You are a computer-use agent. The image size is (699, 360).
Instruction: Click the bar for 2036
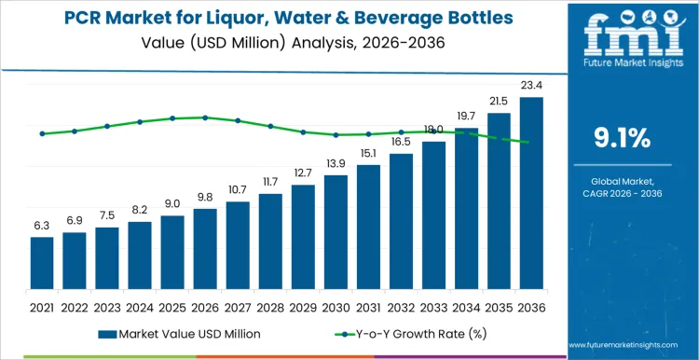tap(531, 194)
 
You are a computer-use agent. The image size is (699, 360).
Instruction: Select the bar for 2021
tap(42, 264)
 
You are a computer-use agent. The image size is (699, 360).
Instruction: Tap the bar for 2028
tap(270, 242)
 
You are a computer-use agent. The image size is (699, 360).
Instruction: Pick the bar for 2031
tap(368, 228)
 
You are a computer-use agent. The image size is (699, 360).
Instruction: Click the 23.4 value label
tap(531, 88)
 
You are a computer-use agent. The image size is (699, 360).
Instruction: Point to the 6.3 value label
tap(42, 227)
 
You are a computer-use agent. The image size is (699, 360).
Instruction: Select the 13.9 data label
tap(336, 164)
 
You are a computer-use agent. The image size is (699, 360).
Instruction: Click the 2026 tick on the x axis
tap(205, 306)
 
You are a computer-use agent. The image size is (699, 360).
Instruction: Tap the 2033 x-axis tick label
tap(433, 306)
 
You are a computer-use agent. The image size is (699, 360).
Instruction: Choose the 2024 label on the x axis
tap(140, 306)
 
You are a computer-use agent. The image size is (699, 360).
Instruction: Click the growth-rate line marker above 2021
tap(42, 133)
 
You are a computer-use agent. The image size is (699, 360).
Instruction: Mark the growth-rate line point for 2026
tap(205, 118)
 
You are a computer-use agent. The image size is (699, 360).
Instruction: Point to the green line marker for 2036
tap(531, 143)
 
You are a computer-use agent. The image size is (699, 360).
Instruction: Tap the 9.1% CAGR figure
tap(622, 139)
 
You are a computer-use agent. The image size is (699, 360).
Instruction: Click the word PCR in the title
tap(89, 18)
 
